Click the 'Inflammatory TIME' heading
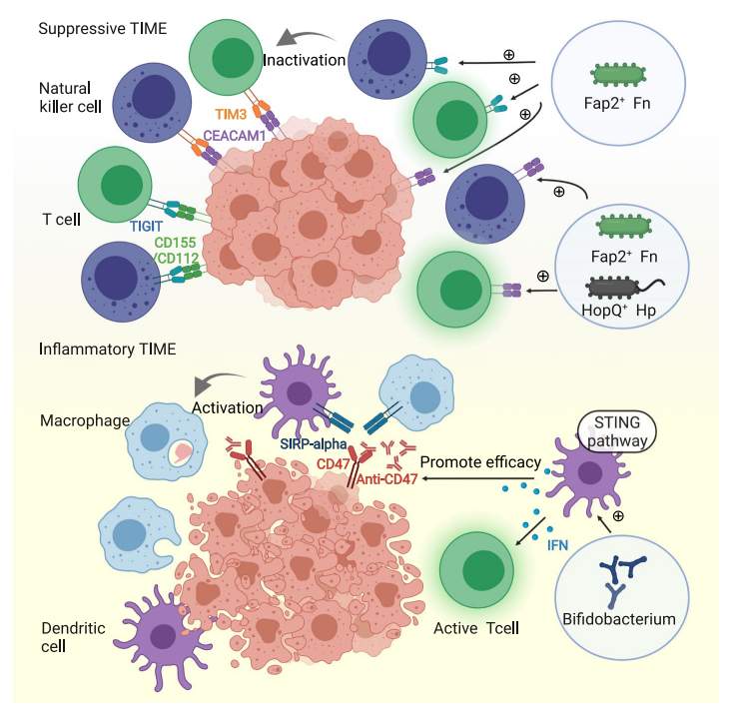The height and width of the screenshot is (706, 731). click(107, 350)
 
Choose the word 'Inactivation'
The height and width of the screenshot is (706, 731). click(304, 61)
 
